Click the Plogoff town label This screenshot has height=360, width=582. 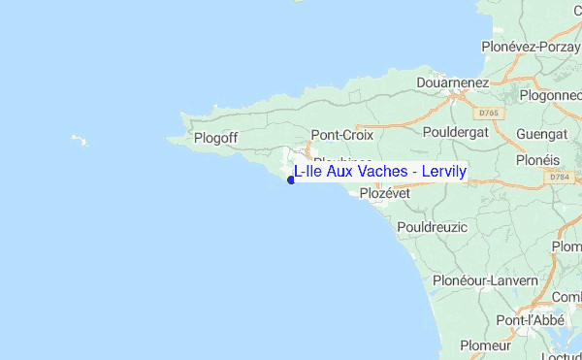(x=215, y=138)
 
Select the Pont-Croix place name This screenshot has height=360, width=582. (x=341, y=136)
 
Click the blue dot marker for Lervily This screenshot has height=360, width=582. (x=291, y=179)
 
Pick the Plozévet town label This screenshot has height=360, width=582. (x=385, y=193)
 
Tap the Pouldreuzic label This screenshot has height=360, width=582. (x=432, y=226)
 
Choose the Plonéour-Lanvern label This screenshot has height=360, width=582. (x=485, y=280)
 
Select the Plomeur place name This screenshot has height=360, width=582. (x=485, y=344)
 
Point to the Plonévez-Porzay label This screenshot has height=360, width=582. (x=530, y=46)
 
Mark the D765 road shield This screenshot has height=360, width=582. (x=489, y=114)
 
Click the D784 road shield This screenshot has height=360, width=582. (x=558, y=178)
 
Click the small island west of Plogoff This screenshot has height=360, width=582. (x=80, y=141)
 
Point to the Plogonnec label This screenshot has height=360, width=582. (x=550, y=95)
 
